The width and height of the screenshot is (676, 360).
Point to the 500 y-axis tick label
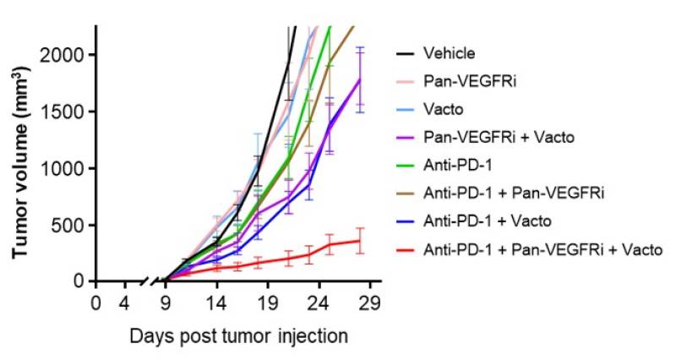(74, 225)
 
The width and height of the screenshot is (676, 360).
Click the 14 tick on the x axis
(216, 302)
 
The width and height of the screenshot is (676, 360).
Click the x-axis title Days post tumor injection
(238, 335)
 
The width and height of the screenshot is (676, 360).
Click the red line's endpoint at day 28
(361, 241)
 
